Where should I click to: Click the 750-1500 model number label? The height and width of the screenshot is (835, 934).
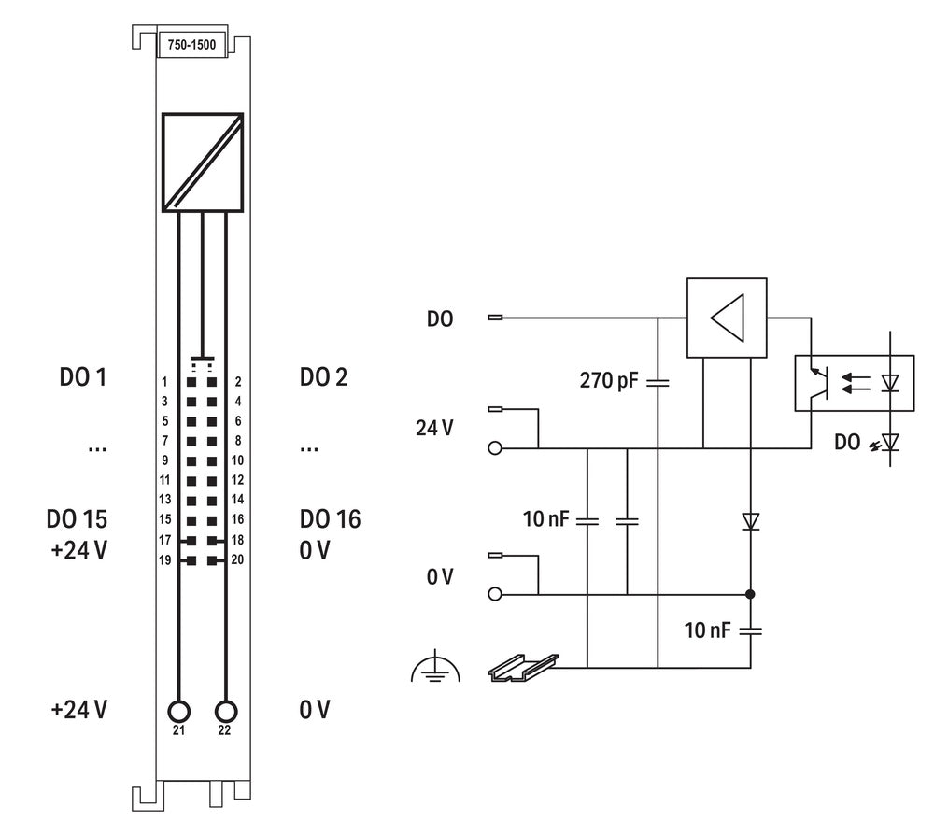191,45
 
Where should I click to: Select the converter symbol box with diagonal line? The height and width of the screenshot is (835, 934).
202,162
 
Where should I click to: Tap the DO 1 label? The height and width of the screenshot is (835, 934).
83,377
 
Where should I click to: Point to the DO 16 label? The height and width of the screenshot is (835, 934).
330,519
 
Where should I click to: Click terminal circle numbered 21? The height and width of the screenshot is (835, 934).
178,711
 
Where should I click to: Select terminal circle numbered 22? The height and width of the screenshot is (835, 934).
225,711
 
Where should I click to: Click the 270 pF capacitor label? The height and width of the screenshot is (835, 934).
608,380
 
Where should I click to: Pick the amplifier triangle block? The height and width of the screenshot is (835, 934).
727,318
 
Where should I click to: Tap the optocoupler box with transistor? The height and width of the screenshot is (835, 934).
846,382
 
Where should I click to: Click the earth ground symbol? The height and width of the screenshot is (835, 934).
435,668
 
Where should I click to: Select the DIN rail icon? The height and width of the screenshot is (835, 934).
523,665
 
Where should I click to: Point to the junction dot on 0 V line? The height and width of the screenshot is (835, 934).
750,594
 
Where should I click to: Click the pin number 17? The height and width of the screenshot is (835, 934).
164,540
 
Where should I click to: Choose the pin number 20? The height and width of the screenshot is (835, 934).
237,560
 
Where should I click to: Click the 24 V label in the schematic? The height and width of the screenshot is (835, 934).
435,429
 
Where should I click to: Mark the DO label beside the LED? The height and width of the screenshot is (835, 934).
848,443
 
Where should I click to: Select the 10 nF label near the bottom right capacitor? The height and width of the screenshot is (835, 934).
707,630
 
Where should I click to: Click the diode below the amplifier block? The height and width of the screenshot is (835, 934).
750,521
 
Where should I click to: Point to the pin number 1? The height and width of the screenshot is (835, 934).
164,382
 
